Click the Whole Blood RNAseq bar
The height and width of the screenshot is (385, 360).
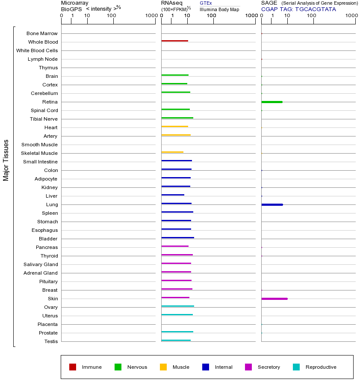tap(174, 41)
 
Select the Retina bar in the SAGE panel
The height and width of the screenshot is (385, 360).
tap(272, 102)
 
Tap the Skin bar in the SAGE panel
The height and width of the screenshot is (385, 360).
tap(274, 299)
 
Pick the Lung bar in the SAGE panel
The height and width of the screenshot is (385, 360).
tap(272, 204)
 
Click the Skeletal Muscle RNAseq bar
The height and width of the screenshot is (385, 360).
tap(172, 152)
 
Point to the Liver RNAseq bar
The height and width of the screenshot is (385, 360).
tap(173, 195)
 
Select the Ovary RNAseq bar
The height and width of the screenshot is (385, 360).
tap(177, 306)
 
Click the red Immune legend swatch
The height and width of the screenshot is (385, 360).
tap(73, 367)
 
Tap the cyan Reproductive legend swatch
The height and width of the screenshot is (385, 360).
tap(296, 367)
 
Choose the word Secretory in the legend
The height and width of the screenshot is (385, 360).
tap(269, 367)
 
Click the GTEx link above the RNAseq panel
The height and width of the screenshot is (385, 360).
tap(206, 3)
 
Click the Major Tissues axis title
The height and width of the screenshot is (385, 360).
tap(6, 160)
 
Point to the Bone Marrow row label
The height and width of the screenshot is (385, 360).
tap(42, 33)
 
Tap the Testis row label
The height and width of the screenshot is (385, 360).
tap(51, 341)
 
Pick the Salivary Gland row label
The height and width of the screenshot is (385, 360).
tap(41, 264)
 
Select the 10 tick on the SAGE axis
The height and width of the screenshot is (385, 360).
tap(287, 16)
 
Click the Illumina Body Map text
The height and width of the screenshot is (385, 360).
tap(219, 9)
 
